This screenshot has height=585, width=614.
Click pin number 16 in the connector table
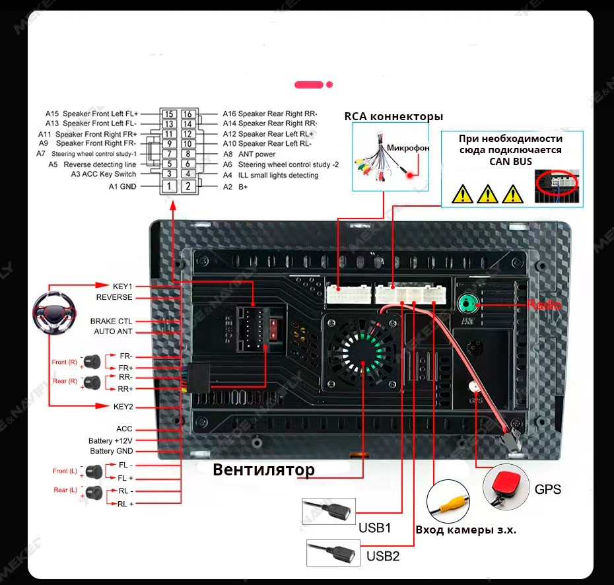(x=188, y=114)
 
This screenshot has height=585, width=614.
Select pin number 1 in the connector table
(x=169, y=187)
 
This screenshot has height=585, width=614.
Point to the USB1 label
(x=375, y=528)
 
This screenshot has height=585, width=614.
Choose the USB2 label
(x=383, y=556)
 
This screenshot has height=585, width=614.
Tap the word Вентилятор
(x=263, y=470)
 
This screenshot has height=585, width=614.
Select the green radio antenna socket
(x=467, y=303)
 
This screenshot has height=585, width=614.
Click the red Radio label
(x=544, y=304)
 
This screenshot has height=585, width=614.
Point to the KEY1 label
(x=123, y=286)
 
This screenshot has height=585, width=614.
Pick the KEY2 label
(x=123, y=407)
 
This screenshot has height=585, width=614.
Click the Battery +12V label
(x=110, y=440)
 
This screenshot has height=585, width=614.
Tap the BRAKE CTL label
(x=112, y=322)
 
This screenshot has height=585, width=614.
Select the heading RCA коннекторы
(x=393, y=117)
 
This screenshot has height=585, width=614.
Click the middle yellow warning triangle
(x=487, y=194)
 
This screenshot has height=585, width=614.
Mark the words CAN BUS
(x=510, y=161)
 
